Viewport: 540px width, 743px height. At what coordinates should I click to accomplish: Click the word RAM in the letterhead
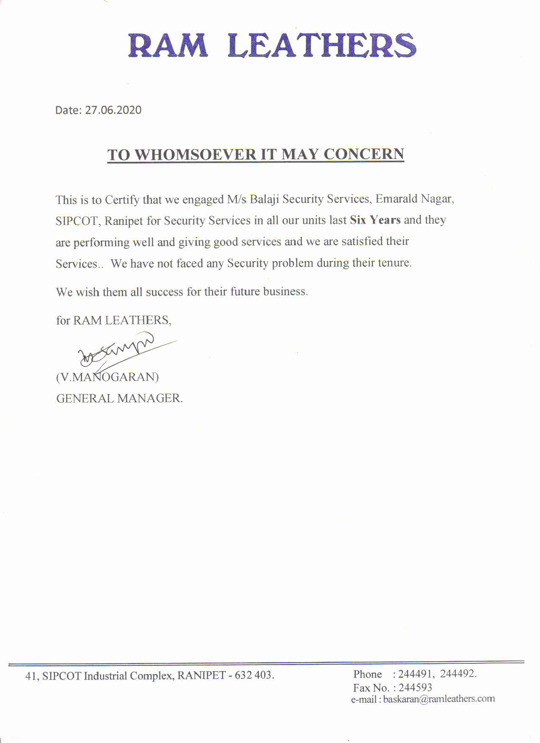coord(168,45)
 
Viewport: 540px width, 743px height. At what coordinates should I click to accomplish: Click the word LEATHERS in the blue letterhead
coord(321,45)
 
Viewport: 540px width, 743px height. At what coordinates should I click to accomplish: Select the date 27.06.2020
coord(113,110)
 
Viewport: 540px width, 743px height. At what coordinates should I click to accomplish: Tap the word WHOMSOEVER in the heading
coord(195,155)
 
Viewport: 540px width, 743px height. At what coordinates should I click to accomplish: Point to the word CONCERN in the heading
coord(364,154)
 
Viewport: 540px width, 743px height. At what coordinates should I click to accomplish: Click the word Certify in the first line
coord(122,200)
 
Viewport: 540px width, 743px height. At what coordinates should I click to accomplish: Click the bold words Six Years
coord(375,220)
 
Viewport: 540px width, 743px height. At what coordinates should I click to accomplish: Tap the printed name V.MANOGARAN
coord(108,377)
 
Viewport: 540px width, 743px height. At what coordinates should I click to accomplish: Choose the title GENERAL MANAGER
coord(119,399)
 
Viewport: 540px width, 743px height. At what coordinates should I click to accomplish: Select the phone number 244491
coord(415,674)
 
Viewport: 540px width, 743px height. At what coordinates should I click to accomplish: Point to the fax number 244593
coord(415,687)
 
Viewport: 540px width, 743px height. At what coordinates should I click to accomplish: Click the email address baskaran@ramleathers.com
coord(439,699)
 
